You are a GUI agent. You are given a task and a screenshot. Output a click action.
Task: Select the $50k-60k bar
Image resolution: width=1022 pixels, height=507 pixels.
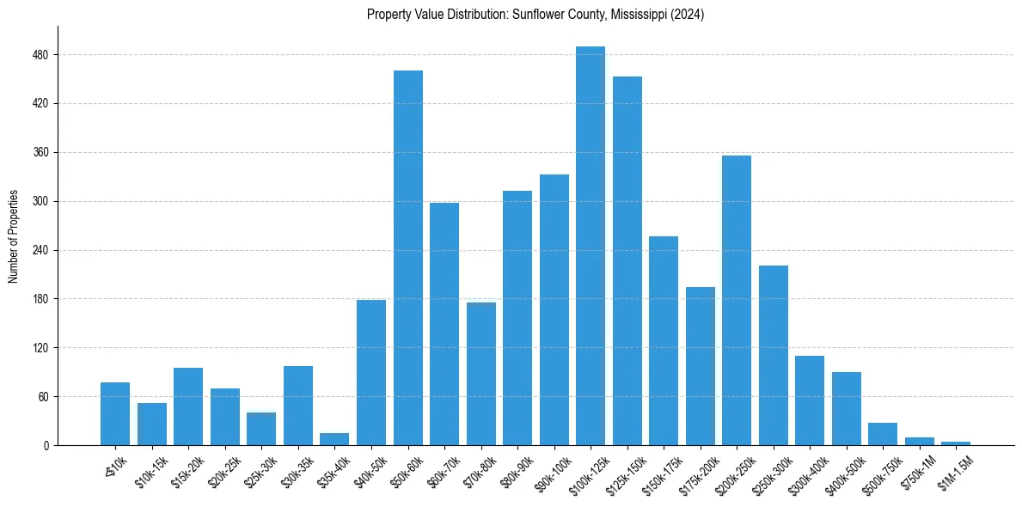tap(408, 258)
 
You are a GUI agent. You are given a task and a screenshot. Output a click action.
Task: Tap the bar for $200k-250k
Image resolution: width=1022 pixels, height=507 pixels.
tap(737, 301)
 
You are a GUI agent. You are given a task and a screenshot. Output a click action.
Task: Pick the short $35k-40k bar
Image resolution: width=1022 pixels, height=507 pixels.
tap(334, 439)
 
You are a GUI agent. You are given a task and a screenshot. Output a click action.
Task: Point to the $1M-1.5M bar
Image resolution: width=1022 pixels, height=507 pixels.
tap(956, 443)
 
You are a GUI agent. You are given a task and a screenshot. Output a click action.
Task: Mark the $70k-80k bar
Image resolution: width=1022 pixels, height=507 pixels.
tap(481, 374)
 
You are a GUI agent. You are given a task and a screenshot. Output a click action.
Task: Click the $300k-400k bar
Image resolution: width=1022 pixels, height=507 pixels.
tap(810, 400)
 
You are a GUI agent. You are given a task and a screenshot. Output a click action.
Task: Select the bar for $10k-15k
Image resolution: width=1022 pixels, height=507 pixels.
tap(152, 425)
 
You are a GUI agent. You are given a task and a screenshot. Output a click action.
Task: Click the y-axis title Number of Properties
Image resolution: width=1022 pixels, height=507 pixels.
tap(14, 236)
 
